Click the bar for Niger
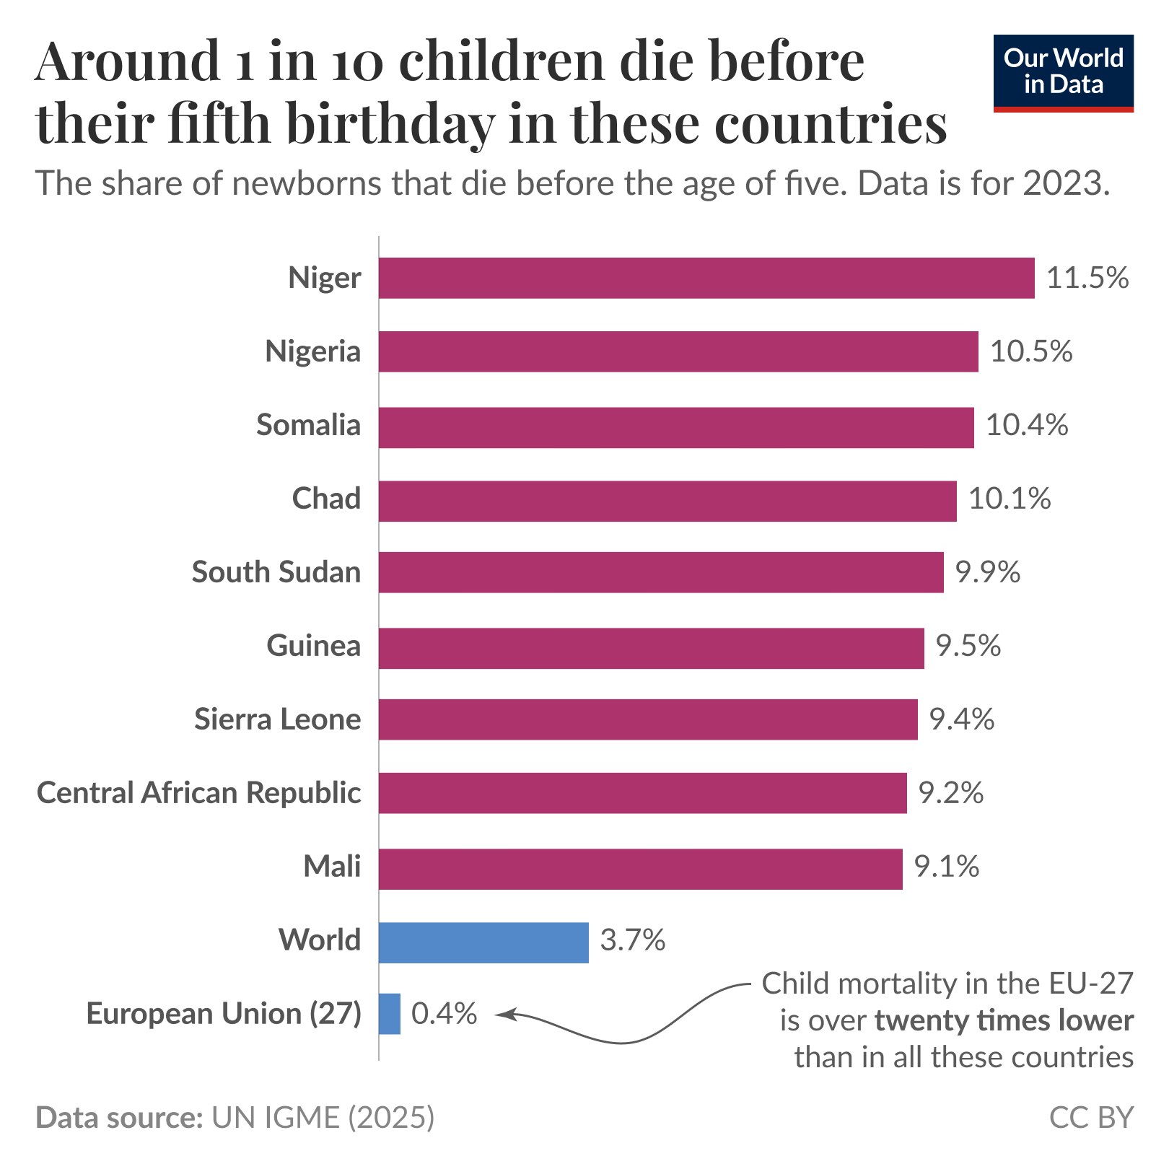(x=706, y=278)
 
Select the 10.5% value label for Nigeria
(x=1031, y=351)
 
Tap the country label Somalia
(x=308, y=425)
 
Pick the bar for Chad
(x=667, y=501)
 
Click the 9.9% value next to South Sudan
(x=988, y=572)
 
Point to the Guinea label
(x=313, y=646)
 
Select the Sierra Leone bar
(x=648, y=719)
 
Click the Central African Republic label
(x=198, y=793)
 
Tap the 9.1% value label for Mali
(x=947, y=867)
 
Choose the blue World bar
(x=483, y=942)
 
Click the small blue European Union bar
(x=390, y=1014)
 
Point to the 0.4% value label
(x=444, y=1014)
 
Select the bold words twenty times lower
(x=1004, y=1021)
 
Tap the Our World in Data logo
(x=1063, y=72)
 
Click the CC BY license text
(x=1091, y=1117)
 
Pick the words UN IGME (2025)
(x=323, y=1117)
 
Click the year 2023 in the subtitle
(x=1064, y=183)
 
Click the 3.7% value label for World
(x=632, y=940)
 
